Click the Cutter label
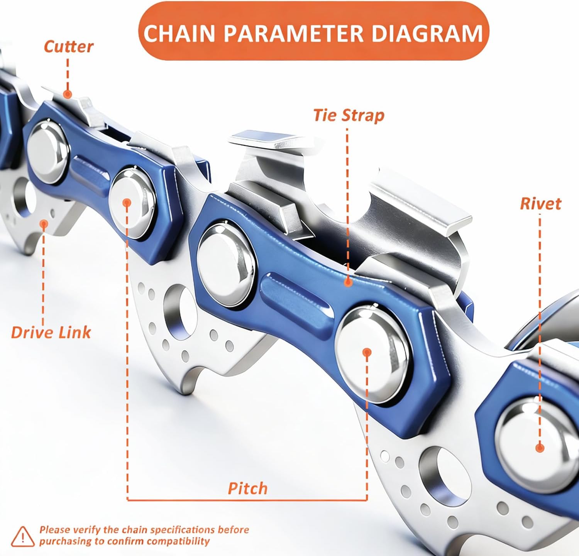pyautogui.click(x=68, y=47)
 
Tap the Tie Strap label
pyautogui.click(x=349, y=115)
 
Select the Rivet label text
pyautogui.click(x=540, y=204)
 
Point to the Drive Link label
pyautogui.click(x=51, y=332)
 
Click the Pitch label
pyautogui.click(x=247, y=488)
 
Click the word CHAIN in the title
pyautogui.click(x=179, y=33)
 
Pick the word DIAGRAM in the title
pyautogui.click(x=427, y=33)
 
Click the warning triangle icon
pyautogui.click(x=23, y=536)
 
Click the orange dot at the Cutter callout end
pyautogui.click(x=68, y=94)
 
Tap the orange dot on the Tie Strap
pyautogui.click(x=348, y=282)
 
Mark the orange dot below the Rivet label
pyautogui.click(x=540, y=448)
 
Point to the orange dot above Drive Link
pyautogui.click(x=44, y=223)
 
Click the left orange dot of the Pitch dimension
pyautogui.click(x=127, y=203)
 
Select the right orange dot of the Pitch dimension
pyautogui.click(x=367, y=352)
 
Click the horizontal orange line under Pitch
pyautogui.click(x=247, y=500)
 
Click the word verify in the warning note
pyautogui.click(x=86, y=529)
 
